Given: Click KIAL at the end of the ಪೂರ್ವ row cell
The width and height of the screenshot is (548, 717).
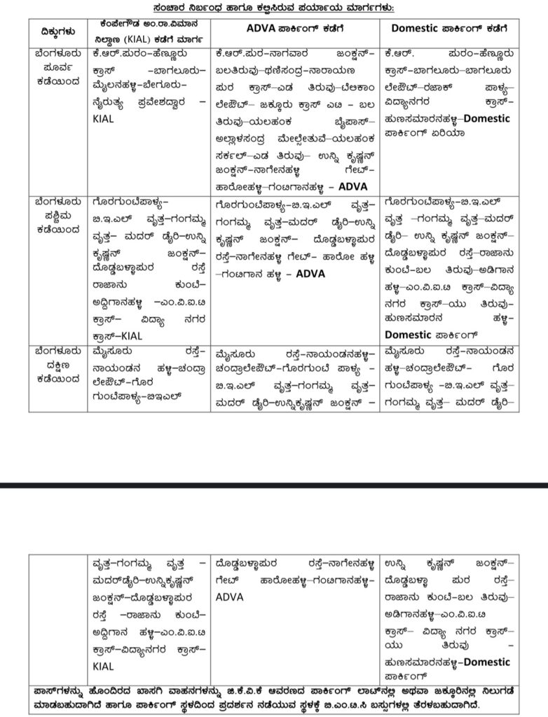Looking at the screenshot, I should [x=102, y=120].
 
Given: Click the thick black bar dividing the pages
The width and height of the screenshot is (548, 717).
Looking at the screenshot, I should [x=274, y=484].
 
